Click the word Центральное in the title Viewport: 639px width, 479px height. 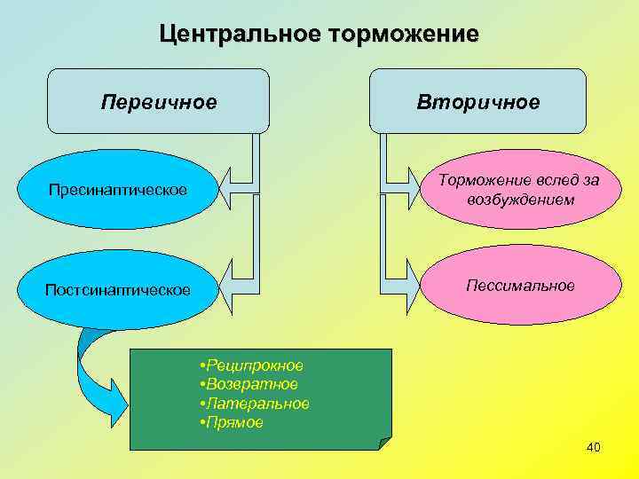tap(241, 35)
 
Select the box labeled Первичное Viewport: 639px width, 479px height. tap(159, 101)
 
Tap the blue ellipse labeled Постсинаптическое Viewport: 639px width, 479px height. tap(117, 290)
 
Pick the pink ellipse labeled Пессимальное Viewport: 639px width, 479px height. tap(520, 286)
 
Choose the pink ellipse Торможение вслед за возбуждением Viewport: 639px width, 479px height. tap(520, 190)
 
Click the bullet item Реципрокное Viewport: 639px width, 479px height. tap(254, 365)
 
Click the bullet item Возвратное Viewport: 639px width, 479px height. tap(251, 384)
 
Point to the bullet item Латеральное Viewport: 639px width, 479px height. tap(257, 404)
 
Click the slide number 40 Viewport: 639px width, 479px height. tap(594, 447)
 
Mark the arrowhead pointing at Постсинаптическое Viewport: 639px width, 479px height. tap(230, 286)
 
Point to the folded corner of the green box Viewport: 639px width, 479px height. tap(383, 443)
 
